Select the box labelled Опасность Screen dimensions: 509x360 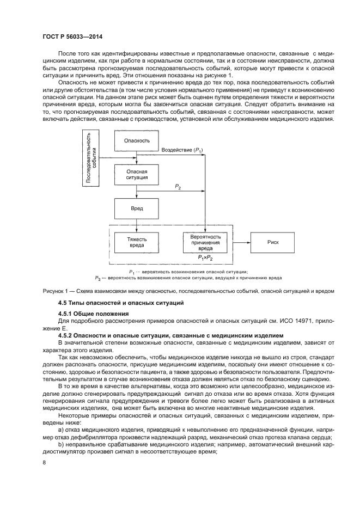pyautogui.click(x=137, y=140)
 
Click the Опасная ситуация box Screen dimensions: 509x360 pyautogui.click(x=137, y=175)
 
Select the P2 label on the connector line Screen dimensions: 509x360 pyautogui.click(x=178, y=187)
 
